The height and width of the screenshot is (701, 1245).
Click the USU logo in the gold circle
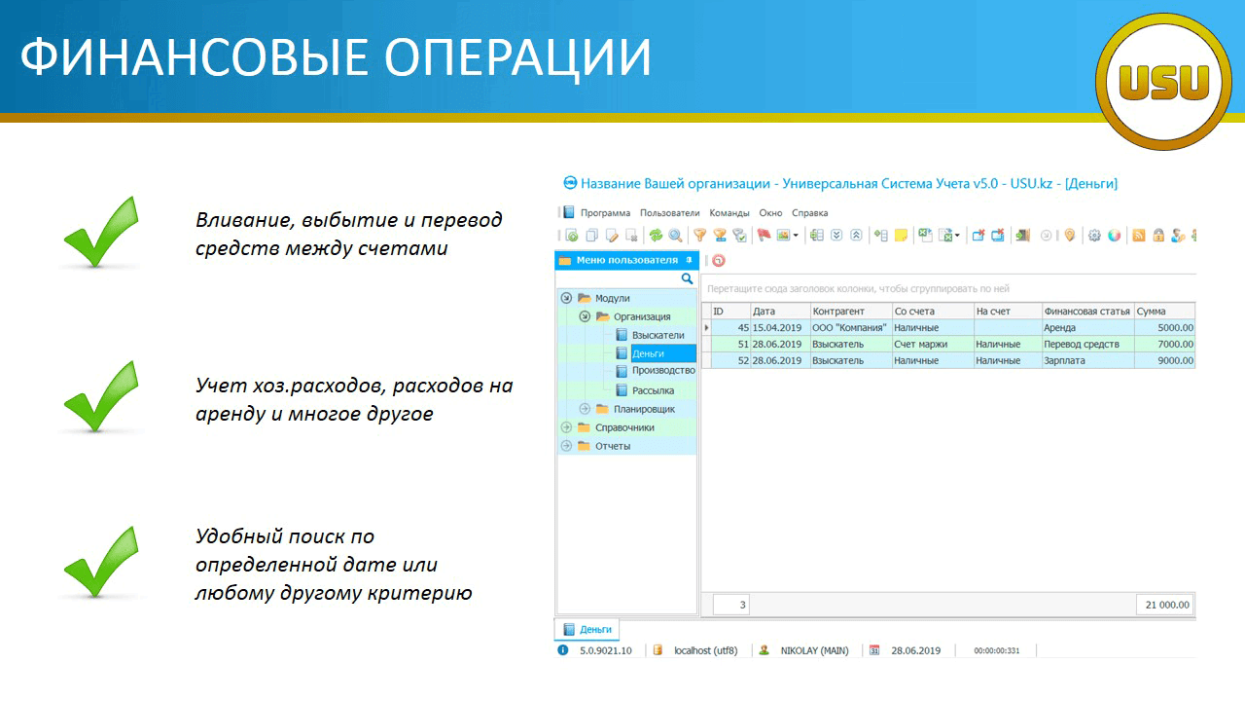pyautogui.click(x=1163, y=82)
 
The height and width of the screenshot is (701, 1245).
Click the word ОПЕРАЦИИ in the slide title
pyautogui.click(x=517, y=57)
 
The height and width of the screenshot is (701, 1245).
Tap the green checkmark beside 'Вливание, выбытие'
pyautogui.click(x=101, y=232)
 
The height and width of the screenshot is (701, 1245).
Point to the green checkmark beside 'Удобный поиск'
pyautogui.click(x=101, y=562)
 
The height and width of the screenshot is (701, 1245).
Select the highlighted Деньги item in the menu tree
pyautogui.click(x=648, y=353)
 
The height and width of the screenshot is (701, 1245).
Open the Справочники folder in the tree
pyautogui.click(x=624, y=427)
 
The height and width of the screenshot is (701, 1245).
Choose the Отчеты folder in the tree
pyautogui.click(x=613, y=446)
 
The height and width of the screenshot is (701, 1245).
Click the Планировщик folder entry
pyautogui.click(x=644, y=409)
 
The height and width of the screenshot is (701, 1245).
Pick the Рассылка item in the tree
pyautogui.click(x=653, y=390)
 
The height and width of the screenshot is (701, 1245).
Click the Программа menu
pyautogui.click(x=605, y=213)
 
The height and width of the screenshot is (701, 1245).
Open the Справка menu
pyautogui.click(x=810, y=213)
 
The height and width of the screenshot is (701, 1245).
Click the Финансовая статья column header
pyautogui.click(x=1086, y=311)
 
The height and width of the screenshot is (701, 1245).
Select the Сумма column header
pyautogui.click(x=1151, y=311)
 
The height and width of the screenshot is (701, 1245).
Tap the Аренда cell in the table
pyautogui.click(x=1059, y=328)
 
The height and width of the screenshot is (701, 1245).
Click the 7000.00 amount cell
pyautogui.click(x=1176, y=344)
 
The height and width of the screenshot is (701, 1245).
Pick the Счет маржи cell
pyautogui.click(x=920, y=344)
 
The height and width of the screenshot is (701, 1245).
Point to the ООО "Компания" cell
pyautogui.click(x=849, y=328)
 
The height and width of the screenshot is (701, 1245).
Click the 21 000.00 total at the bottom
pyautogui.click(x=1167, y=605)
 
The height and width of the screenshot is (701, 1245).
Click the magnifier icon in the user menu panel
pyautogui.click(x=687, y=278)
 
